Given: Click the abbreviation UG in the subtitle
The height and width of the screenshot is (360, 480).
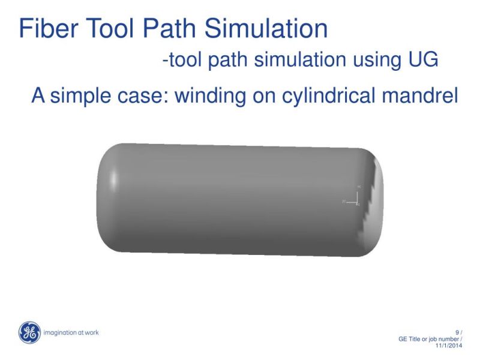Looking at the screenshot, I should pyautogui.click(x=422, y=60).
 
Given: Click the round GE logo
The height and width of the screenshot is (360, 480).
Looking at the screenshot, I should pyautogui.click(x=29, y=332).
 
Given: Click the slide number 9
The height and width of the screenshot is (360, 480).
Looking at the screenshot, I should pyautogui.click(x=458, y=332).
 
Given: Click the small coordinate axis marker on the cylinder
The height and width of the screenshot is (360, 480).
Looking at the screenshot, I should pyautogui.click(x=356, y=199).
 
